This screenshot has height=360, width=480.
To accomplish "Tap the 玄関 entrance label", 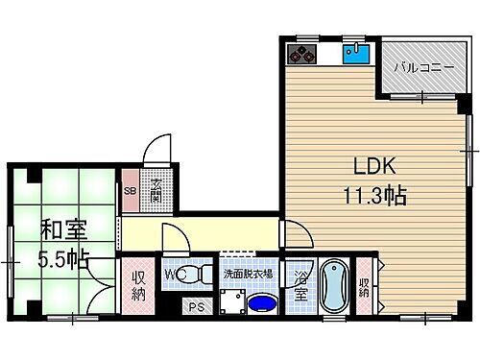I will click(x=156, y=189).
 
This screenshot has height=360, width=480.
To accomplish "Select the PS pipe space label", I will click(x=197, y=307).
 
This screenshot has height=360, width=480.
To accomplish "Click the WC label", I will click(x=173, y=275).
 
